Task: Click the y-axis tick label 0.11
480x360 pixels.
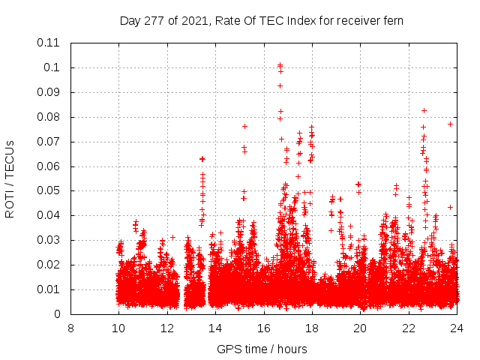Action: tap(49, 43)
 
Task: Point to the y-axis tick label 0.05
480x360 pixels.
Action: tap(49, 190)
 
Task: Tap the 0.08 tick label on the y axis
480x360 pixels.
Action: tap(49, 117)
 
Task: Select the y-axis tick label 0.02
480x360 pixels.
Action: tap(49, 265)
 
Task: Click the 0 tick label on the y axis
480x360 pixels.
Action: tap(57, 314)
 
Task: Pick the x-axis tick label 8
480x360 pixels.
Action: tap(70, 328)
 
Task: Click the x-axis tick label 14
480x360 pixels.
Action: tap(215, 328)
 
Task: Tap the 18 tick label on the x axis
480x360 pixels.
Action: tap(312, 328)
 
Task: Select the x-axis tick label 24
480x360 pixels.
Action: tap(457, 328)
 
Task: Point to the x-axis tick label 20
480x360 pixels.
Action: tap(360, 328)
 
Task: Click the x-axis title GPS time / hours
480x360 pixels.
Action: tap(262, 349)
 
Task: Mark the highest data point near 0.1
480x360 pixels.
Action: tap(280, 65)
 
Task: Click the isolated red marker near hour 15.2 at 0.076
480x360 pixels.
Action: tap(244, 126)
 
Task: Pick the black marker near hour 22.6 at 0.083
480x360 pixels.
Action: tap(424, 110)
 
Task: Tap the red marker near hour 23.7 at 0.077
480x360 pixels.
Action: tap(450, 124)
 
